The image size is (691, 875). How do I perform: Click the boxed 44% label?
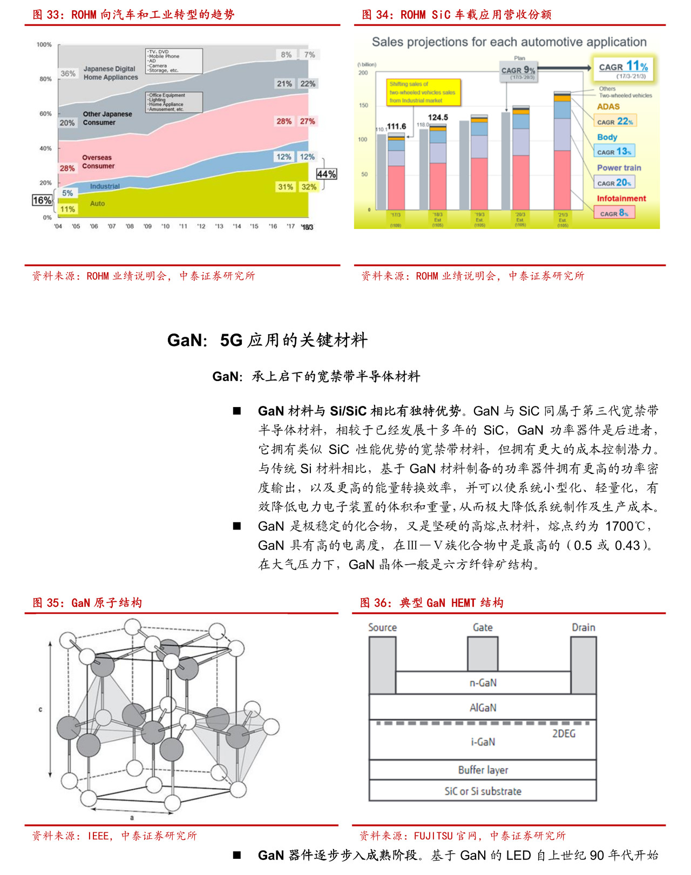pos(326,174)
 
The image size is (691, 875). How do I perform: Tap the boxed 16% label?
pos(42,200)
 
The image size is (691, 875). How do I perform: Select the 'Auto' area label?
pos(97,204)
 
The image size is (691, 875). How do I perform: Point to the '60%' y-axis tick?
pos(45,114)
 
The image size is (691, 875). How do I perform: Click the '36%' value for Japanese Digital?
pos(68,73)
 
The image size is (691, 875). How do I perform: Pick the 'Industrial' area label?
pos(105,186)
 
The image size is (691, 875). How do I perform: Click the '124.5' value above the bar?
pos(438,117)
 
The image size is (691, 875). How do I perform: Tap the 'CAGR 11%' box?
pos(623,68)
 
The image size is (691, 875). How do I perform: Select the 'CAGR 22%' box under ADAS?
pos(615,121)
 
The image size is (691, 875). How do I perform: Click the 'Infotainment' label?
pos(621,199)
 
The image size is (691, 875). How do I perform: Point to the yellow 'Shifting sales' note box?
pos(424,92)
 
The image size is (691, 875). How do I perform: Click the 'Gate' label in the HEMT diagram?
pos(483,627)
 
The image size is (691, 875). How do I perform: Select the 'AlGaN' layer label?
pos(483,708)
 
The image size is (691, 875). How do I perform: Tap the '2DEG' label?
pos(564,734)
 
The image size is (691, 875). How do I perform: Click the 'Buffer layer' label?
pos(483,770)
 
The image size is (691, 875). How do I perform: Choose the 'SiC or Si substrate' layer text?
pos(483,791)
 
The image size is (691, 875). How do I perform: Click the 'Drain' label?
pos(584,627)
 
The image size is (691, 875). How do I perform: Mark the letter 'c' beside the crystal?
pos(40,709)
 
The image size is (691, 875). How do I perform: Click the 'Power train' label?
pos(619,168)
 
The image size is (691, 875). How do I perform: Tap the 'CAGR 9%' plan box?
pos(518,71)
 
